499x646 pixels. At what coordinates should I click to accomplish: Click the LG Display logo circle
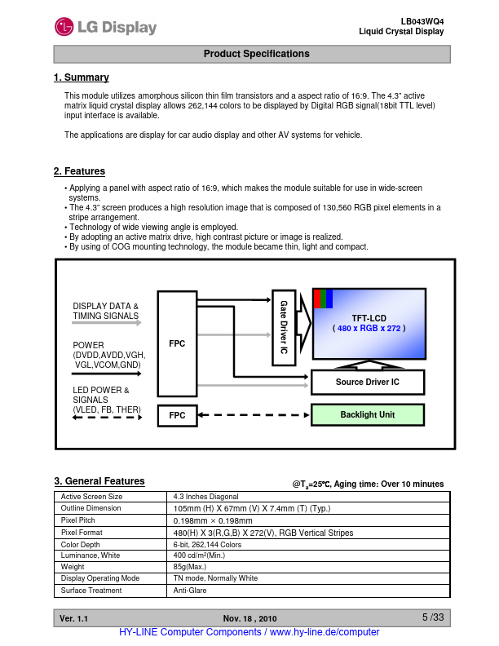click(64, 27)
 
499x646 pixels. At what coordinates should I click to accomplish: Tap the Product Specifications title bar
click(252, 54)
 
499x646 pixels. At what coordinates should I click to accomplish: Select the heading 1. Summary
click(81, 77)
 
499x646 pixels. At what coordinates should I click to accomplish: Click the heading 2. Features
click(79, 171)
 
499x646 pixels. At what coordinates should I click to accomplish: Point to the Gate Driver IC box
click(283, 327)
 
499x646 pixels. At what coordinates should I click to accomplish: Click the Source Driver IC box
click(367, 382)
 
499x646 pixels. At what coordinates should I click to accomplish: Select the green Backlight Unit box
click(367, 415)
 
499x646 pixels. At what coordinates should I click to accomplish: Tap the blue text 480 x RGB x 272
click(369, 328)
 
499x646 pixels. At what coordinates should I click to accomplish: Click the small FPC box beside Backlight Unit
click(177, 415)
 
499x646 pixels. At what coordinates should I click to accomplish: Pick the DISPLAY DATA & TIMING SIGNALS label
click(106, 311)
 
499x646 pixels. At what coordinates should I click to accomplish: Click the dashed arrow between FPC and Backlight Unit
click(254, 415)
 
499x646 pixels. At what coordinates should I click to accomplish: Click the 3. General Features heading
click(99, 481)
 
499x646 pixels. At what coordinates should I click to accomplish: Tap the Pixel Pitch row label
click(79, 520)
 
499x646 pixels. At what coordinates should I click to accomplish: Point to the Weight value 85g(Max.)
click(190, 566)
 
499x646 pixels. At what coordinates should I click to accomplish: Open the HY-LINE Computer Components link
click(249, 633)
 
